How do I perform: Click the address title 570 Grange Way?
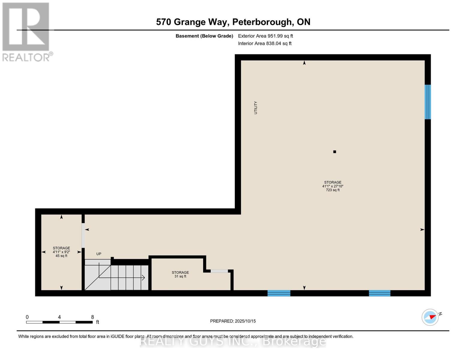[x=233, y=22]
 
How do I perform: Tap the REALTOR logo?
[x=26, y=32]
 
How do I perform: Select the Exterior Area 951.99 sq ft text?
[x=265, y=36]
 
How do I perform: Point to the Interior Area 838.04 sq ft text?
[x=265, y=43]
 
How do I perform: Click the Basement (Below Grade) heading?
[x=204, y=36]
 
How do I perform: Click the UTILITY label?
[x=256, y=108]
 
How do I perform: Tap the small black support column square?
[x=335, y=152]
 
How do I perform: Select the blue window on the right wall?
[x=428, y=102]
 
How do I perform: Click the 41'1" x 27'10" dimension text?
[x=332, y=186]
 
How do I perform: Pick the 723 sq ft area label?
[x=332, y=190]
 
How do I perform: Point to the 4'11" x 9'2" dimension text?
[x=61, y=252]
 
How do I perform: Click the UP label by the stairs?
[x=99, y=254]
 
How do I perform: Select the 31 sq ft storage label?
[x=180, y=276]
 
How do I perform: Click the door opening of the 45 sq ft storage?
[x=83, y=235]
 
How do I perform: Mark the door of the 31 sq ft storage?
[x=219, y=271]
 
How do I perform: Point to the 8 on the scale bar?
[x=92, y=317]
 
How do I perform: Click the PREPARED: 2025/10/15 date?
[x=233, y=321]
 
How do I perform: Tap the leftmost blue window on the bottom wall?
[x=279, y=293]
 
